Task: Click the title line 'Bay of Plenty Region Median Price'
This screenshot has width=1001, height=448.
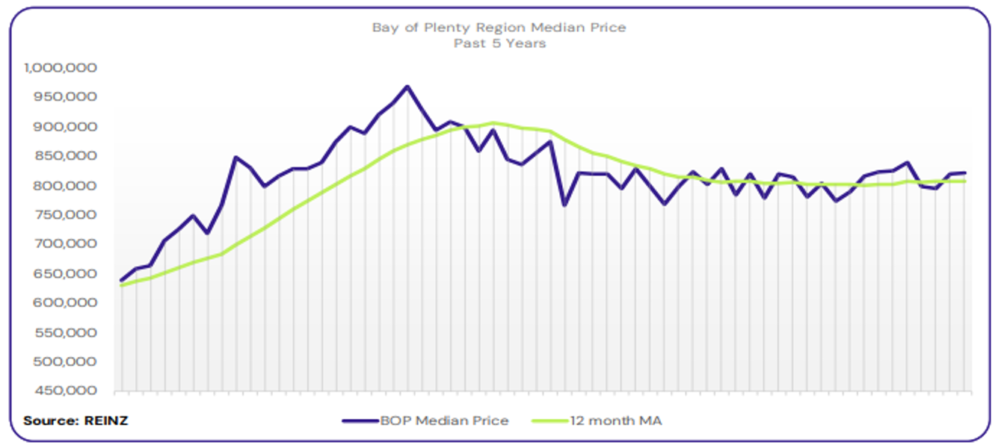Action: (499, 28)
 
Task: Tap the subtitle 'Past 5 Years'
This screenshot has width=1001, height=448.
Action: (499, 43)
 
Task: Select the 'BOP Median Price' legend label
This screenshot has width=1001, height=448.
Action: (444, 421)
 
